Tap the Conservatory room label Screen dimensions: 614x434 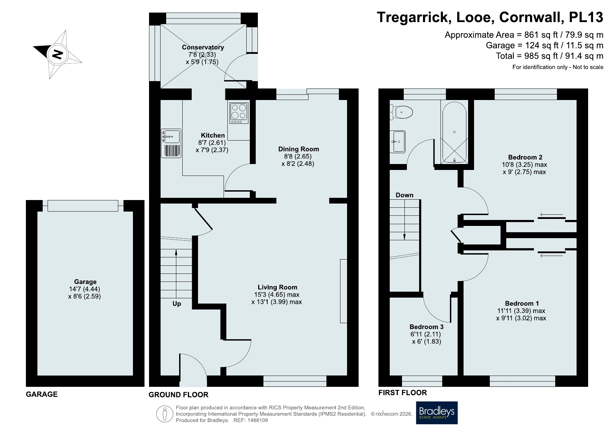[x=203, y=47]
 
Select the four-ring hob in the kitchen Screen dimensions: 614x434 [x=239, y=113]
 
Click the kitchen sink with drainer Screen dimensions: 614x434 [x=171, y=143]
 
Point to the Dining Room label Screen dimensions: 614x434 [x=298, y=149]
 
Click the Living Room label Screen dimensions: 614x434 [x=277, y=287]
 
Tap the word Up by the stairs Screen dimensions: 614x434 [x=177, y=304]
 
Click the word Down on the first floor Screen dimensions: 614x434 [x=404, y=195]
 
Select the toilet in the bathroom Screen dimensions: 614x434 [x=401, y=113]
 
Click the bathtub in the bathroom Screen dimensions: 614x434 [x=454, y=133]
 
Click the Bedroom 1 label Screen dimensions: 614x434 [x=522, y=303]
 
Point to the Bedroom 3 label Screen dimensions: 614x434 [x=426, y=327]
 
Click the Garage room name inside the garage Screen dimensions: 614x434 [x=85, y=282]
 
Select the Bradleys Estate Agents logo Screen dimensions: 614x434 [x=437, y=413]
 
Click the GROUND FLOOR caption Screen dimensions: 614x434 [x=178, y=395]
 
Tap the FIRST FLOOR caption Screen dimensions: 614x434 [x=403, y=393]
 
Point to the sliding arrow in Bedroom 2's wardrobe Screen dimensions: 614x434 [x=551, y=214]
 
